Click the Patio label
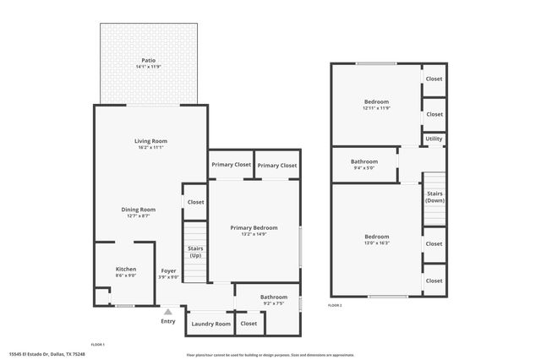click(x=148, y=60)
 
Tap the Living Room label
click(x=150, y=140)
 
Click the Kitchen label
click(x=125, y=269)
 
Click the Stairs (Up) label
click(x=194, y=251)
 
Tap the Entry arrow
click(x=168, y=311)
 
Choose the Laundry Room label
click(x=210, y=324)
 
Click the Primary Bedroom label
click(x=254, y=227)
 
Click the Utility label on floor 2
click(x=434, y=138)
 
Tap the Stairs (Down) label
click(x=434, y=197)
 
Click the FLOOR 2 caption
click(x=336, y=304)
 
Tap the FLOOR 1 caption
click(x=97, y=344)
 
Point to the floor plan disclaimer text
click(x=270, y=355)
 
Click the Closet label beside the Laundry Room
click(x=249, y=323)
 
